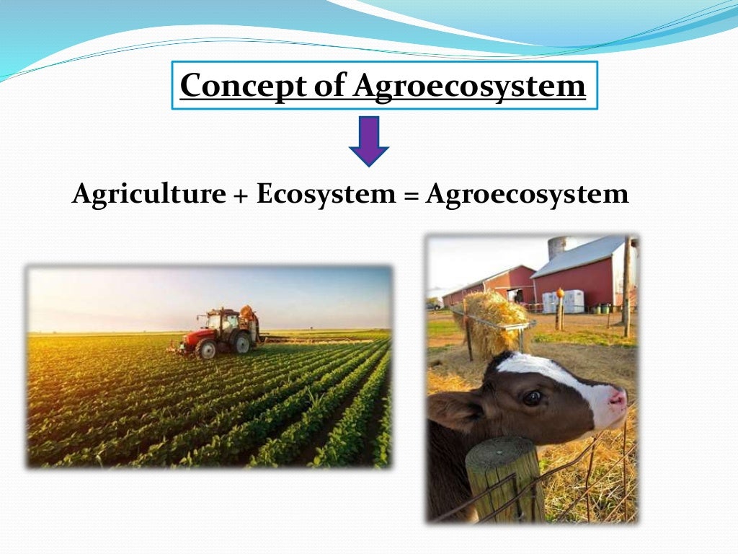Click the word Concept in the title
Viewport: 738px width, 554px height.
(226, 86)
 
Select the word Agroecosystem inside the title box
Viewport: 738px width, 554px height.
(469, 86)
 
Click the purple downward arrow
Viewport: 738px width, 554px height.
(369, 141)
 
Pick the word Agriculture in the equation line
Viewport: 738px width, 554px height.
(148, 195)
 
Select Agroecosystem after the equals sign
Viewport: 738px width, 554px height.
(527, 195)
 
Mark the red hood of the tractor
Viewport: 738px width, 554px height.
(193, 336)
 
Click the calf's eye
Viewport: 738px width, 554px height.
(532, 397)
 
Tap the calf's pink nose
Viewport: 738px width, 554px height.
(617, 397)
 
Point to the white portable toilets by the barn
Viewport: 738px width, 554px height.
(564, 301)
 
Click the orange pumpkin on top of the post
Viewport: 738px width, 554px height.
(559, 293)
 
